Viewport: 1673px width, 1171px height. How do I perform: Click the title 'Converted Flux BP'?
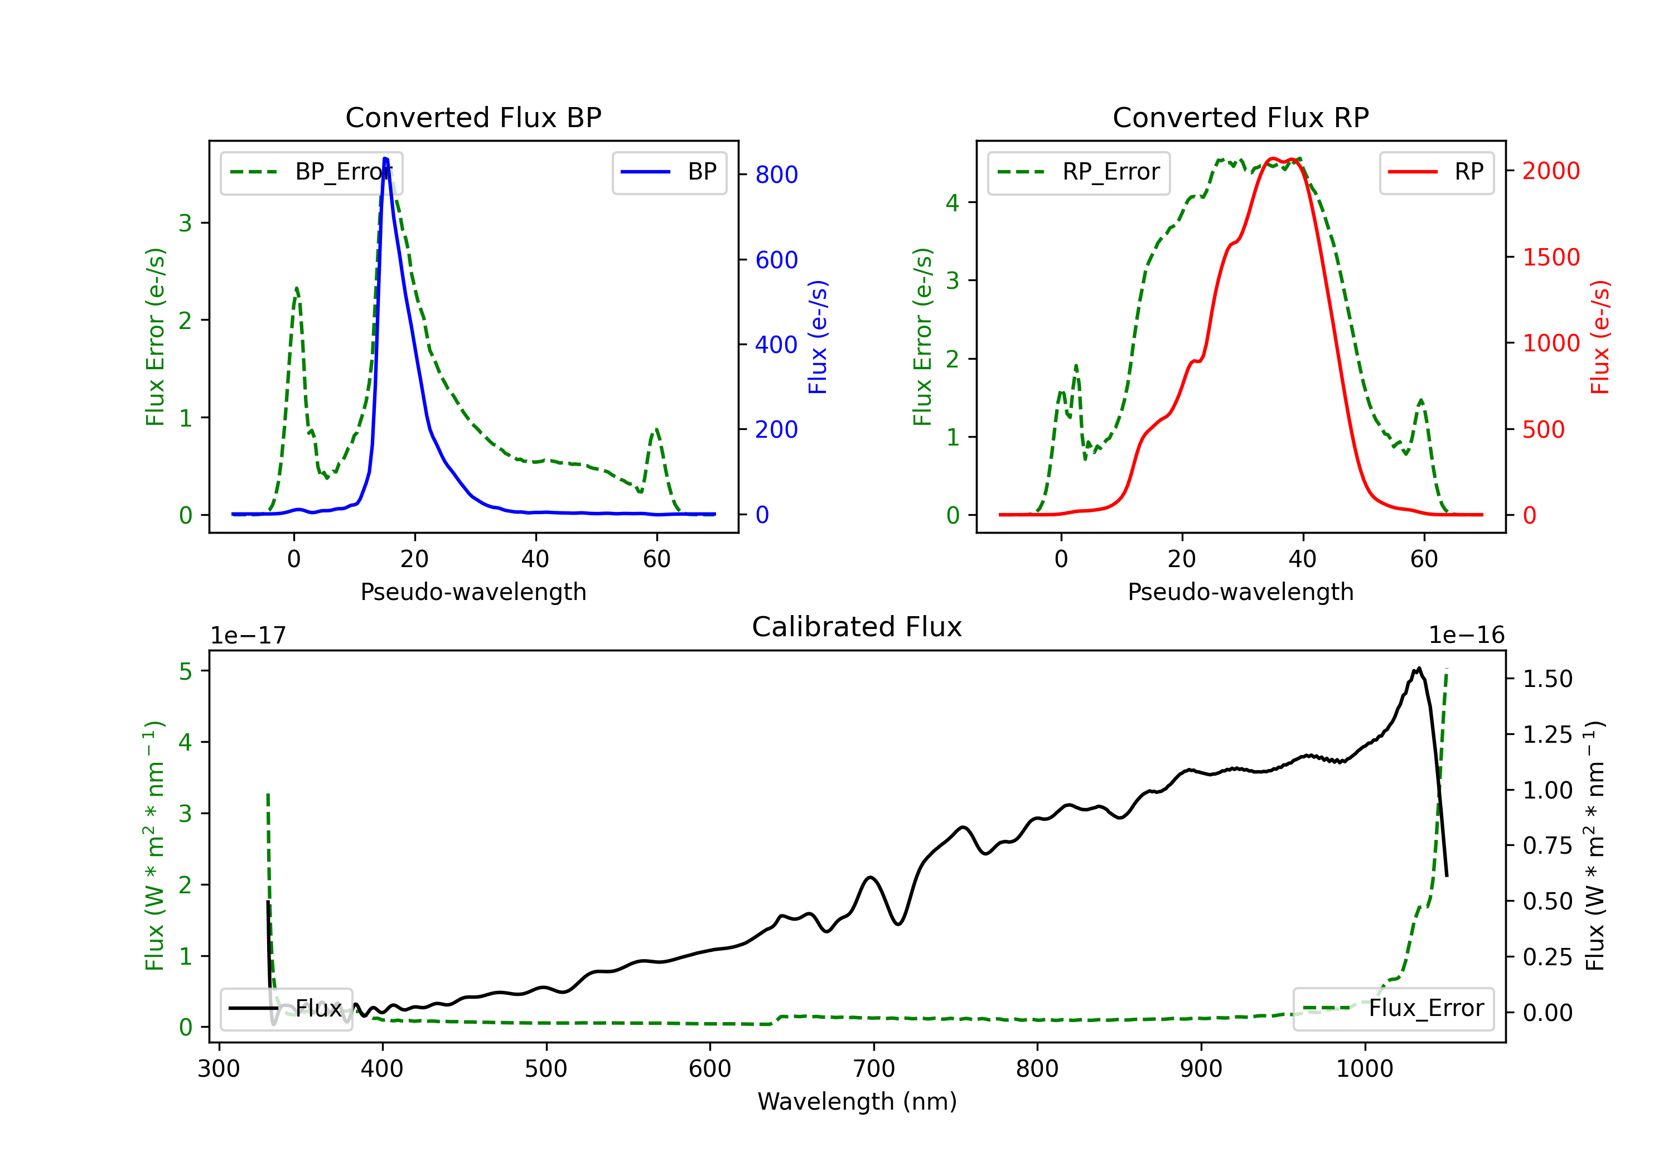[x=473, y=117]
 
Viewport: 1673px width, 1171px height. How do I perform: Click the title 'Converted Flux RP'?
[x=1240, y=117]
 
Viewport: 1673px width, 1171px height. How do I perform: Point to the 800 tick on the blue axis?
[x=776, y=175]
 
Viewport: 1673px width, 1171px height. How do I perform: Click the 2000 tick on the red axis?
[x=1550, y=171]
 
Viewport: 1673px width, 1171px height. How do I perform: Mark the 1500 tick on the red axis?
[x=1550, y=257]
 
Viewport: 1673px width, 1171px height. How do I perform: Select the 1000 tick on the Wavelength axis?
[x=1364, y=1069]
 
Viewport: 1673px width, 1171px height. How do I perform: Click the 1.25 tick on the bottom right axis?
[x=1548, y=734]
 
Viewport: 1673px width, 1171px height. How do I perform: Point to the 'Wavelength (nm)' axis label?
[x=857, y=1101]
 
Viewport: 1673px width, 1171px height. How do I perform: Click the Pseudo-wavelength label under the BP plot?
[x=473, y=592]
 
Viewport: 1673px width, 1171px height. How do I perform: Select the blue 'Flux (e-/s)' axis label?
[x=818, y=337]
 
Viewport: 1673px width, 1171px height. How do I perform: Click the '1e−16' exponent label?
[x=1466, y=636]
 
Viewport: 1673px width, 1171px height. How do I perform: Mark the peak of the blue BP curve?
[x=385, y=158]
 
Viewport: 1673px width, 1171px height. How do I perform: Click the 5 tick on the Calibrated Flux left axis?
[x=186, y=671]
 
